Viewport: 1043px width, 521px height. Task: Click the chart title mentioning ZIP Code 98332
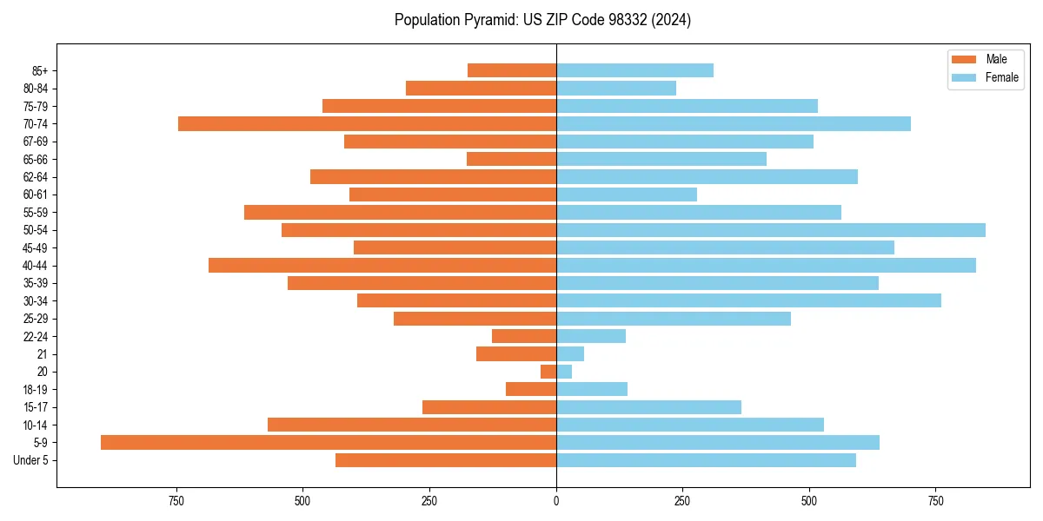coord(542,20)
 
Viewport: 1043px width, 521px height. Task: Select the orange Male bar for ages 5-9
coord(329,442)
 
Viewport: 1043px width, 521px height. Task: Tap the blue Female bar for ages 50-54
coord(771,230)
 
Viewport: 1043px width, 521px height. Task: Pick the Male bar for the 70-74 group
coord(367,123)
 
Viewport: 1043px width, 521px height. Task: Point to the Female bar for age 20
coord(564,372)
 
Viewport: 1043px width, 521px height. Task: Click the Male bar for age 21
coord(516,353)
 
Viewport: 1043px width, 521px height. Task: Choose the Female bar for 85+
coord(634,70)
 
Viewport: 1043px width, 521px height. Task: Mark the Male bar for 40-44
coord(382,265)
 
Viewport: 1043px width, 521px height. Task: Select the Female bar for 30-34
coord(748,300)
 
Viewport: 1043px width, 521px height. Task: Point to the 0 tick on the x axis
coord(556,501)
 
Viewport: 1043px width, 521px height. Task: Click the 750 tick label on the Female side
coord(936,501)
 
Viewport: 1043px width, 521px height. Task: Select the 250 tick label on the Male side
coord(429,501)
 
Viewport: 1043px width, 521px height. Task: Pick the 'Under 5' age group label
coord(31,460)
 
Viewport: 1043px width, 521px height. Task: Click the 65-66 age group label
coord(36,159)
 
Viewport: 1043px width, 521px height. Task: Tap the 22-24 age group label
coord(36,336)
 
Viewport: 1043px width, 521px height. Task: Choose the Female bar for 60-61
coord(627,195)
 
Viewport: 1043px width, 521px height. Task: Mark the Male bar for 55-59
coord(400,212)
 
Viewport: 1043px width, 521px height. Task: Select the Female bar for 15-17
coord(648,407)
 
